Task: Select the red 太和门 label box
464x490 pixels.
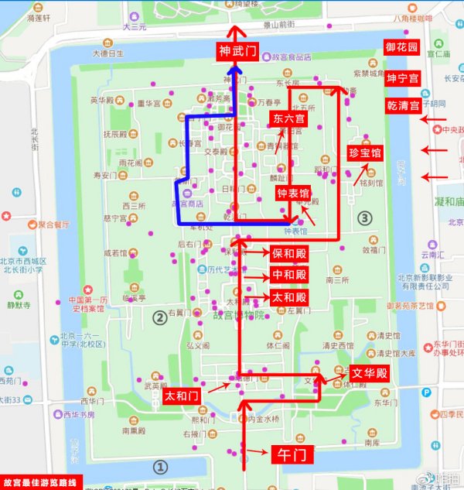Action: coord(182,396)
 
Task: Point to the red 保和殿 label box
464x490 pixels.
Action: coord(289,253)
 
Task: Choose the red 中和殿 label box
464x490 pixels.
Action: coord(289,276)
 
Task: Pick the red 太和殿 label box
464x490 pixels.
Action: coord(289,297)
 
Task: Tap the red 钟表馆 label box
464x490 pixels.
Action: coord(294,194)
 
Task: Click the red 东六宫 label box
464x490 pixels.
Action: coord(289,119)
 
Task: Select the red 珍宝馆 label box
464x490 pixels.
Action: coord(365,152)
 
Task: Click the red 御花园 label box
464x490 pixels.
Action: coord(402,47)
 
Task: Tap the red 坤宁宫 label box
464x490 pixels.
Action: coord(402,79)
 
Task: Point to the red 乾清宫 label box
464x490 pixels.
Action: coord(402,105)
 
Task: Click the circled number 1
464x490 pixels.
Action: coord(161,467)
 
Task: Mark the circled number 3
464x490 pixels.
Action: coord(366,218)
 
